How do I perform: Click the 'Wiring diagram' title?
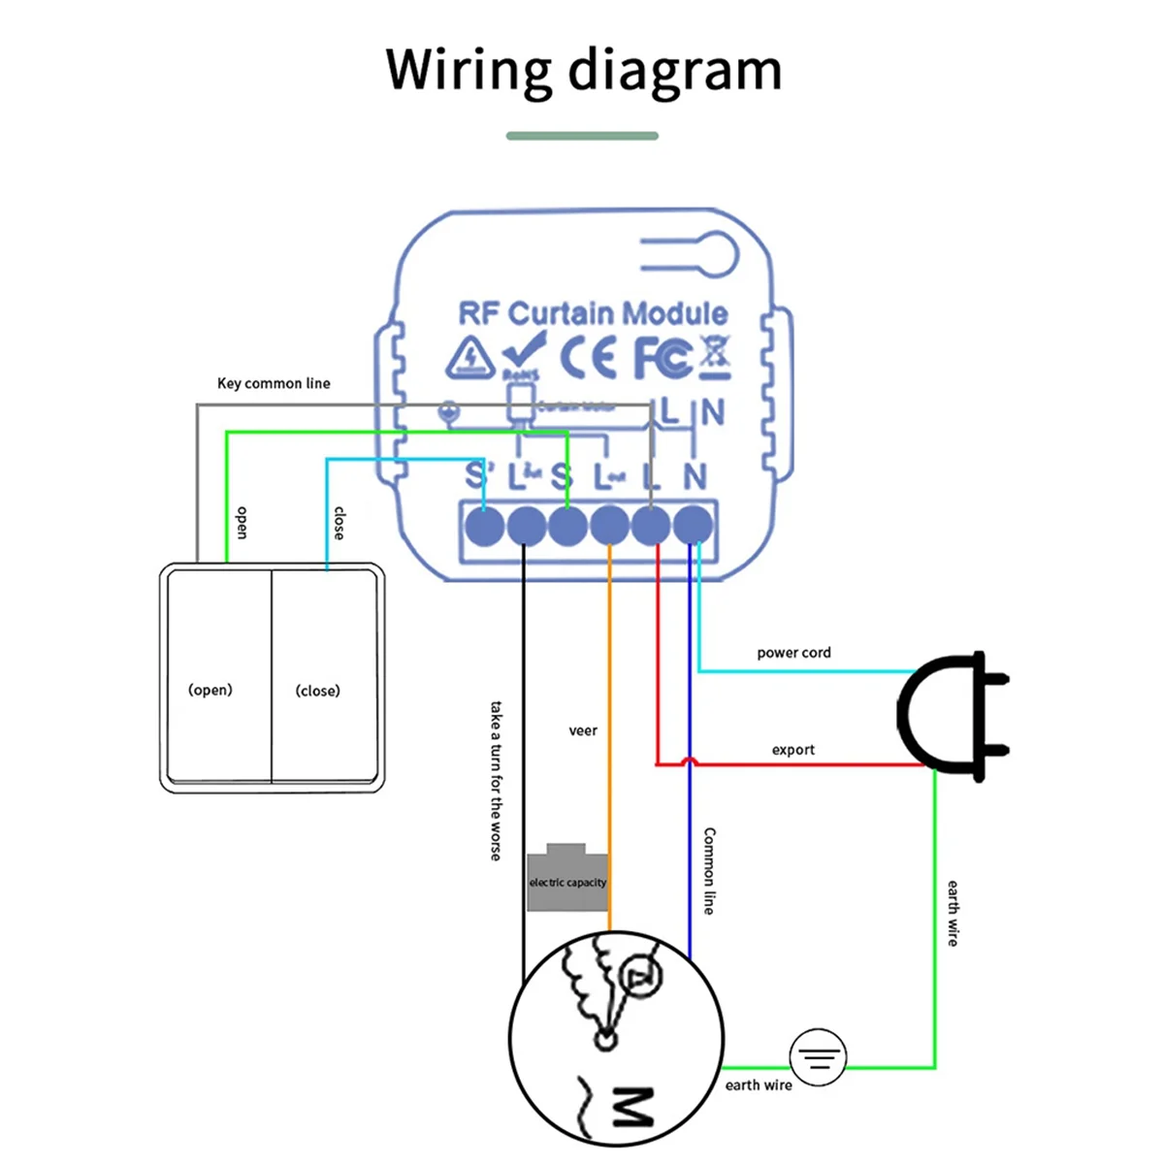click(583, 70)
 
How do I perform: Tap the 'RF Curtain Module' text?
click(593, 313)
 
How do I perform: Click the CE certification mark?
click(588, 358)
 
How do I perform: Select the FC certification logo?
click(663, 358)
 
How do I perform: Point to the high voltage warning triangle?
click(470, 358)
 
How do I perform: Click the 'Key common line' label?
click(274, 383)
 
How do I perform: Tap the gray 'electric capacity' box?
click(567, 880)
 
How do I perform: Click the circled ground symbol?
click(818, 1056)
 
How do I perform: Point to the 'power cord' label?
click(793, 653)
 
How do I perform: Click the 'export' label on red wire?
click(792, 750)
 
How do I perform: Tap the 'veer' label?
click(583, 730)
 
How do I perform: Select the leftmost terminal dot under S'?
click(485, 527)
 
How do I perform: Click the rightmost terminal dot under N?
click(694, 527)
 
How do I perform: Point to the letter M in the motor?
click(632, 1108)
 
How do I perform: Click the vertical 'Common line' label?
click(710, 870)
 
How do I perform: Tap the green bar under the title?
click(582, 136)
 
